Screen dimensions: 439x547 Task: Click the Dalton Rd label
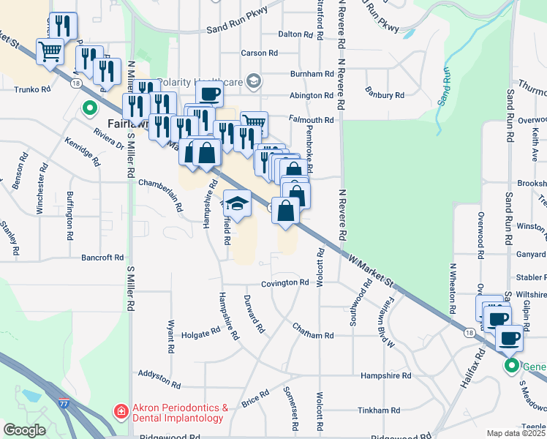pyautogui.click(x=295, y=34)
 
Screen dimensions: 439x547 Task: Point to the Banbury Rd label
pyautogui.click(x=385, y=95)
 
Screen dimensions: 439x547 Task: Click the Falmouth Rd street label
pyautogui.click(x=315, y=120)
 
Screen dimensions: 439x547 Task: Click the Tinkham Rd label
pyautogui.click(x=380, y=410)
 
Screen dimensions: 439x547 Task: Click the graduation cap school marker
pyautogui.click(x=237, y=201)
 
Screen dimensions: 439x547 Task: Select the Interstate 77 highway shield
pyautogui.click(x=64, y=401)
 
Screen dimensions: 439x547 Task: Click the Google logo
pyautogui.click(x=25, y=430)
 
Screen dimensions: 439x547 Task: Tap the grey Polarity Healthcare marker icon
pyautogui.click(x=254, y=80)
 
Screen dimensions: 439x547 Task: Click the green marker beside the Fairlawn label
pyautogui.click(x=90, y=109)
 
